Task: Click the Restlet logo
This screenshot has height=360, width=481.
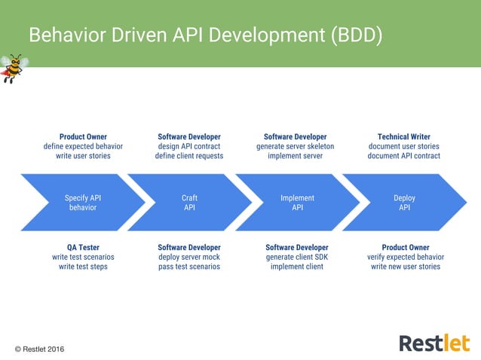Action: pos(433,343)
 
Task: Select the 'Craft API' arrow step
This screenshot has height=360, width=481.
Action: pos(189,203)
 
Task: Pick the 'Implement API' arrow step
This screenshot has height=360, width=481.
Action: pos(297,203)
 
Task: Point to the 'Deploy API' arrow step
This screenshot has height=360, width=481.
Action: pos(404,203)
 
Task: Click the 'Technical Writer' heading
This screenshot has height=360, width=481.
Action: pos(404,136)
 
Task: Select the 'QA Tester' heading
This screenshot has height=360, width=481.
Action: pos(83,247)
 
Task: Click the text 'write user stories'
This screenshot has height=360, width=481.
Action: pos(83,156)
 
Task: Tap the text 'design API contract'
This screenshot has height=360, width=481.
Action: pos(189,146)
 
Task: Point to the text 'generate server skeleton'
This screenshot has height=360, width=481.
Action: pos(296,146)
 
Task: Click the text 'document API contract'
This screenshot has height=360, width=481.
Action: pos(404,156)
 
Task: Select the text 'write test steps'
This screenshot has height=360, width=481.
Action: pos(83,267)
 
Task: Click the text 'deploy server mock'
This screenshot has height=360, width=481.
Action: pos(189,257)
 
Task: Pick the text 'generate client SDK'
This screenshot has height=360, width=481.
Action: pos(297,257)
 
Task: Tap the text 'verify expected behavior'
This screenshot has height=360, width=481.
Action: pos(406,257)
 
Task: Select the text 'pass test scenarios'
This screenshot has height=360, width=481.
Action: pos(189,267)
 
